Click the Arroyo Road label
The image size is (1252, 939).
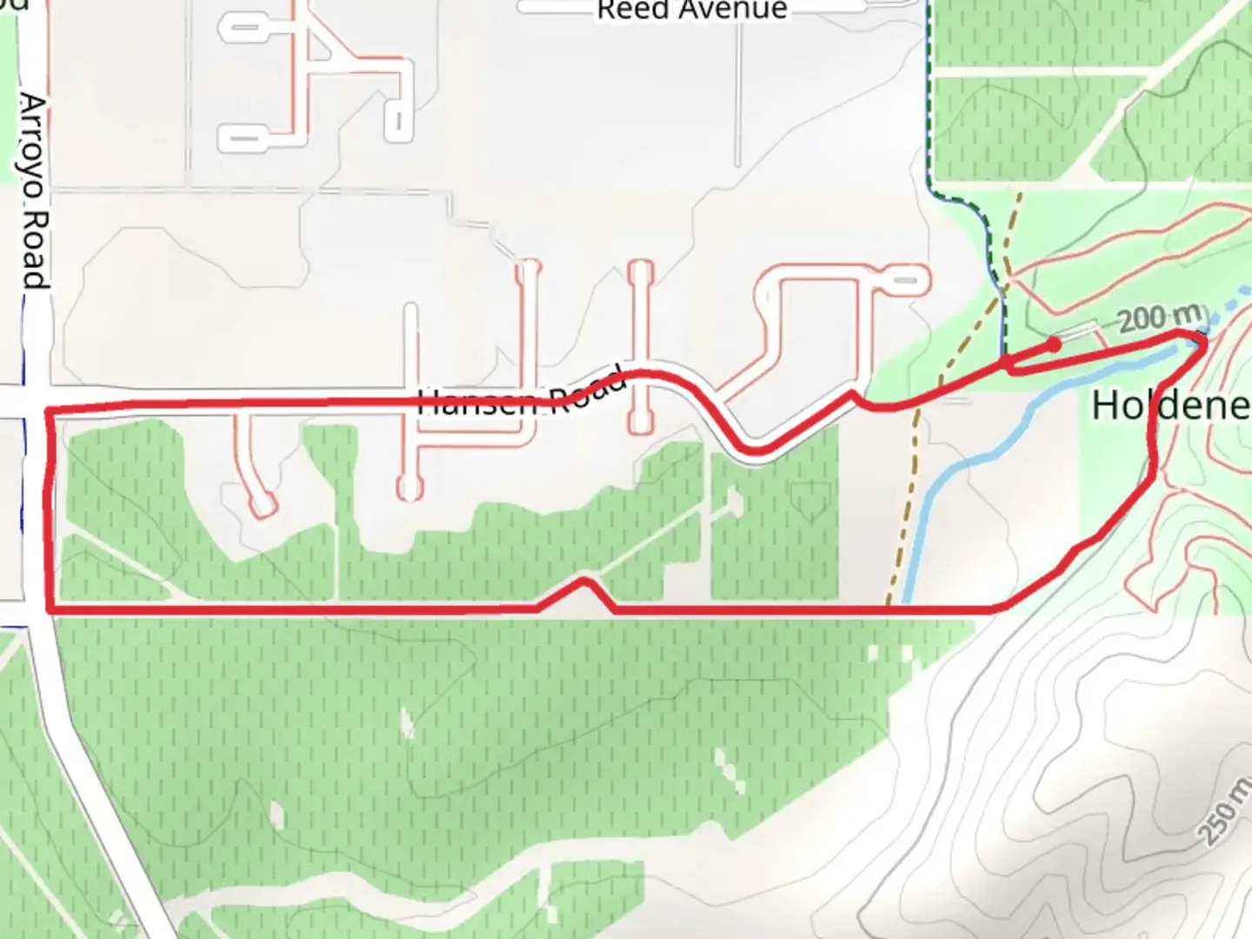[33, 191]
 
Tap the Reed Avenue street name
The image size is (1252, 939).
[692, 10]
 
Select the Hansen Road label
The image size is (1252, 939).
[522, 396]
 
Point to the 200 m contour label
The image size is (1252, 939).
[1162, 319]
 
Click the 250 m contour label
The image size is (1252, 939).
[1226, 813]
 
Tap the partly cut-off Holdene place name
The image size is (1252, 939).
[1170, 406]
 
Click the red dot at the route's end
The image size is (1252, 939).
[1054, 344]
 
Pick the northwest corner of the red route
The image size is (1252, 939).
[47, 410]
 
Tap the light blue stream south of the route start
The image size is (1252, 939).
[974, 461]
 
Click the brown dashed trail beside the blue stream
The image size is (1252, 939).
[904, 504]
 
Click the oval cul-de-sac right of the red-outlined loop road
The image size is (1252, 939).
[904, 281]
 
